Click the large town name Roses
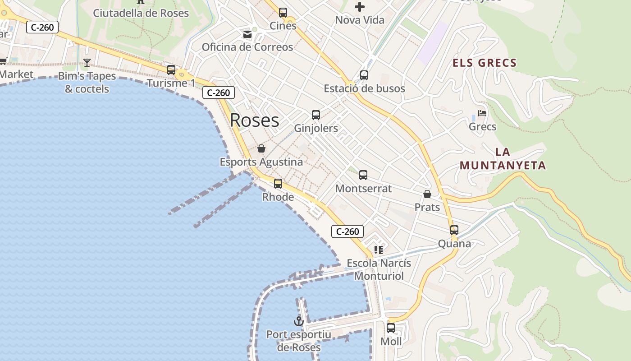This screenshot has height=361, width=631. pos(254,120)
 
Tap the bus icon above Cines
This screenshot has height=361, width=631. pos(283,13)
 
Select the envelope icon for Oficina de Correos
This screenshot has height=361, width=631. pos(247,34)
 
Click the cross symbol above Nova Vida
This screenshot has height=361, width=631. pos(360,7)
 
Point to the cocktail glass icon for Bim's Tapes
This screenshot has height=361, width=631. pos(87,62)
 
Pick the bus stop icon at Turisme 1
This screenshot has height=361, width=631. pos(171,70)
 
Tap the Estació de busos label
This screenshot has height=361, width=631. pos(364,88)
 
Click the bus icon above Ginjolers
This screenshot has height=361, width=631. pos(316,115)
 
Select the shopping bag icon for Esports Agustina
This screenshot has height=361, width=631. pos(261,148)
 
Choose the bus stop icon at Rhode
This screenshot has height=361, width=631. pos(278,184)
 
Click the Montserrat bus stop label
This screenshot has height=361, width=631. pos(363,189)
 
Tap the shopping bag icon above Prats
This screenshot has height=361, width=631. pos(427,194)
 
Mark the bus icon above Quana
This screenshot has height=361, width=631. pos(454,230)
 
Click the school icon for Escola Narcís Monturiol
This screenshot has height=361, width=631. pos(379,250)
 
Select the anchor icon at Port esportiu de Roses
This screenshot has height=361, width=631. pos(298,321)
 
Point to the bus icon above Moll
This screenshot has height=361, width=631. pos(391,328)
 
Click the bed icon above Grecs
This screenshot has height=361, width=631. pos(482,113)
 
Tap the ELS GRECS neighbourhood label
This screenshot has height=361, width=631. pos(485,63)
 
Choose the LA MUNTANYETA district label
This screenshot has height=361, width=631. pos(503,159)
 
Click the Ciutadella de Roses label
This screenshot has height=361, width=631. pos(141,13)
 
